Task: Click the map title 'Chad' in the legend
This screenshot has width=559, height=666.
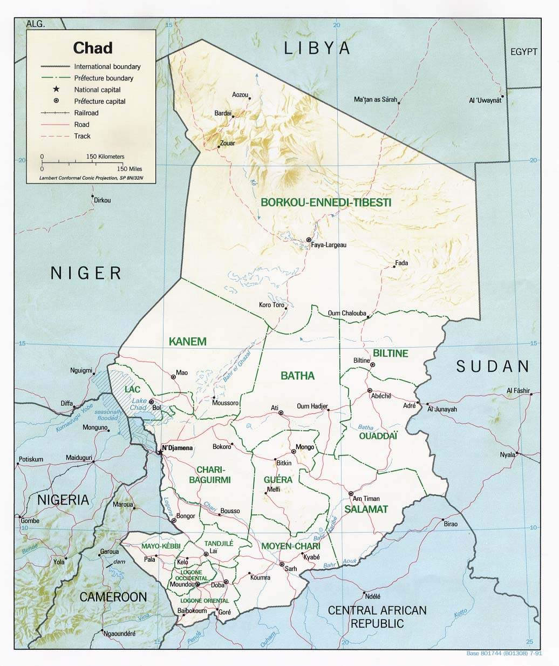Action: (93, 48)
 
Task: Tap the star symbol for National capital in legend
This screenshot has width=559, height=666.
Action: (56, 90)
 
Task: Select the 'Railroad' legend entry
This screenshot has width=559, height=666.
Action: (86, 113)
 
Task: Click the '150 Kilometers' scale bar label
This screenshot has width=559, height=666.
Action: (105, 156)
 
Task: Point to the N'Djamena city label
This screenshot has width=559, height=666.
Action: (178, 448)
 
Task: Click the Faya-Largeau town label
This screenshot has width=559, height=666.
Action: (329, 245)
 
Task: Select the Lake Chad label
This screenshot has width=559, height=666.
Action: (139, 404)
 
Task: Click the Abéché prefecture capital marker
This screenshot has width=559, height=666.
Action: (370, 390)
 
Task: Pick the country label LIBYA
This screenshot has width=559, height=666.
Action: (317, 48)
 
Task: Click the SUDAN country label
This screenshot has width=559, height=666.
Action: (493, 366)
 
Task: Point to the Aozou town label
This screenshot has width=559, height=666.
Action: (240, 95)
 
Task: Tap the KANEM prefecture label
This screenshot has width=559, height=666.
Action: (187, 341)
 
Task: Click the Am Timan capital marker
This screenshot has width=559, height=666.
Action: (351, 493)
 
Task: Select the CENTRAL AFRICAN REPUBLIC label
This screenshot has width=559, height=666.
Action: (377, 617)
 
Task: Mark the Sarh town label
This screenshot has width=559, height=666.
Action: (291, 569)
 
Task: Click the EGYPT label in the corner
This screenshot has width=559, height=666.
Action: (524, 52)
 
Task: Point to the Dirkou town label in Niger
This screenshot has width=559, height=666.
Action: (102, 200)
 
